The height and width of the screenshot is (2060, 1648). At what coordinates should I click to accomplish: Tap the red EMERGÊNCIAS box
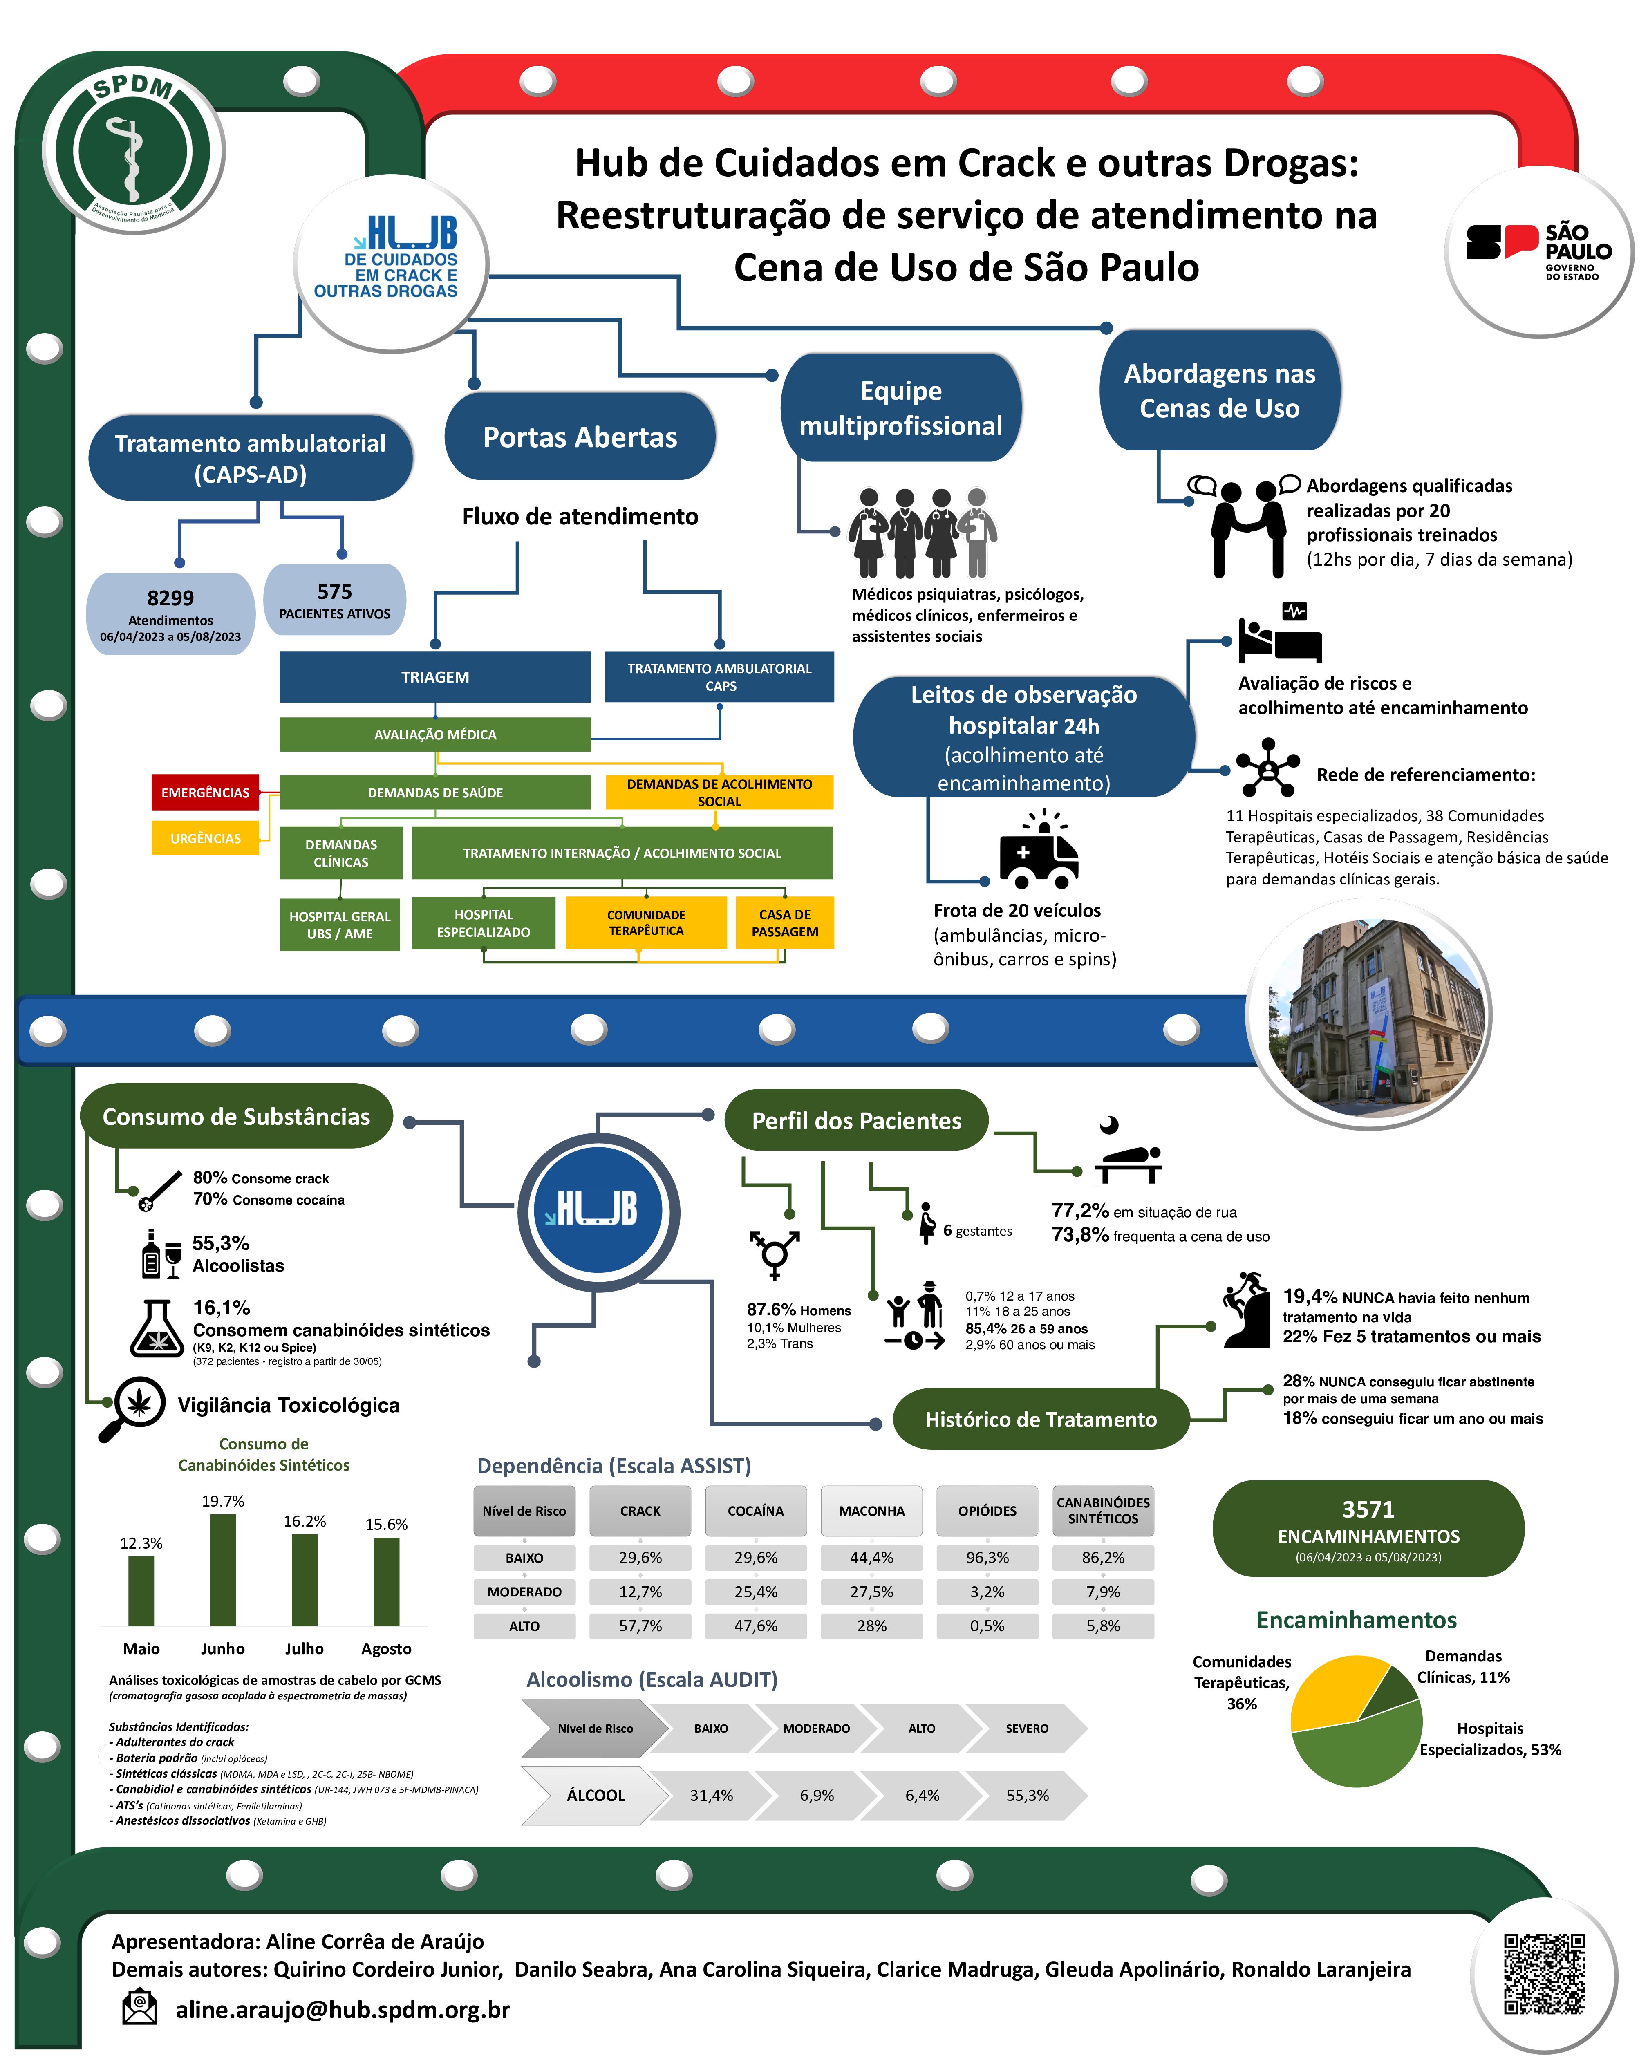tap(206, 792)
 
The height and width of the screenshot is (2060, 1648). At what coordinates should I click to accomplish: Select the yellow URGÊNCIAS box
tap(206, 838)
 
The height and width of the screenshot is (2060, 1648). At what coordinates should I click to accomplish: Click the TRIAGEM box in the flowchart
tap(435, 676)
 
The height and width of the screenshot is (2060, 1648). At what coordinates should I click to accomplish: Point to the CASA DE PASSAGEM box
tap(784, 923)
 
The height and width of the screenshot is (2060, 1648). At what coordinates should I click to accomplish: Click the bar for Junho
tap(223, 1570)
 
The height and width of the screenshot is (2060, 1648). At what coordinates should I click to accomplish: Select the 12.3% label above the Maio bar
tap(141, 1543)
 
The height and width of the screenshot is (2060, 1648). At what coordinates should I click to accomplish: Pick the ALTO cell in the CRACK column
tap(640, 1625)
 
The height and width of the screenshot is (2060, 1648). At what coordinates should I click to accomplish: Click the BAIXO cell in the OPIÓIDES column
tap(987, 1557)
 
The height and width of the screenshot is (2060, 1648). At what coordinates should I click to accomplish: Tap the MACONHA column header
tap(871, 1511)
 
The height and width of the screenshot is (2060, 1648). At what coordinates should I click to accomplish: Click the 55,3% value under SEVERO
tap(1027, 1795)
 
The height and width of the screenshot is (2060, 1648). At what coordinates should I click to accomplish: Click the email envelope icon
tap(139, 2007)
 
